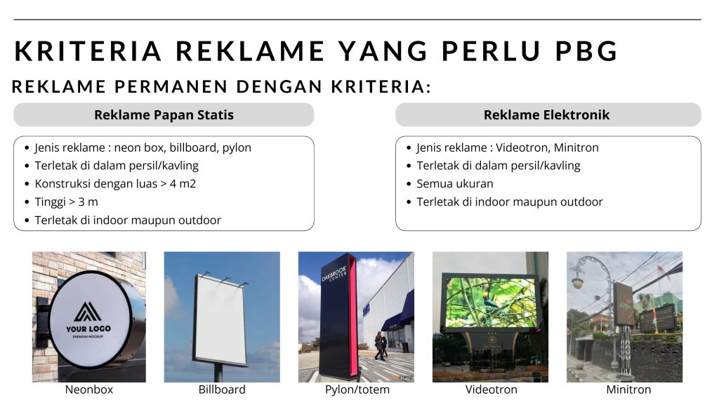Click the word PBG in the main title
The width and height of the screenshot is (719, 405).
coord(586,51)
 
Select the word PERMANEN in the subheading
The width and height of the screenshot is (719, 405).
coord(171,86)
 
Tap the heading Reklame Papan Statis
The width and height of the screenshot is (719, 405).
coord(164,114)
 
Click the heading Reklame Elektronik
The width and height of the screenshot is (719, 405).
coord(546,114)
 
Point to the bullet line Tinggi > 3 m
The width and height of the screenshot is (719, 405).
coord(67,201)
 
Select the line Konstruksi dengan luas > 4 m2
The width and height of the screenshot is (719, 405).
coord(115,184)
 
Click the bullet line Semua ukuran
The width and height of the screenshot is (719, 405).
coord(455,184)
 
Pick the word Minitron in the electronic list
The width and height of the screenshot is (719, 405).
coord(576,147)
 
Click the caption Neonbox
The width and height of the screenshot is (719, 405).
coord(89,390)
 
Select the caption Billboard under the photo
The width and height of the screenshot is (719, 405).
coord(222,390)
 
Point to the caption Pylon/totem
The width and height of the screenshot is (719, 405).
coord(357,390)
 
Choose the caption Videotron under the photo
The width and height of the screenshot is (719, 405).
coord(491,390)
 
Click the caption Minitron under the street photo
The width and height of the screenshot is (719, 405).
coord(628,390)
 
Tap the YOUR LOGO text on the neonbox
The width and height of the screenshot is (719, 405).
coord(88,328)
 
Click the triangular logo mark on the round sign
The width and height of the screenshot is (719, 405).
coord(87,312)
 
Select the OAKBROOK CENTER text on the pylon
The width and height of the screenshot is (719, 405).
coord(334,273)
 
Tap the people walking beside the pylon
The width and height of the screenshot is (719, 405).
coord(380,345)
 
